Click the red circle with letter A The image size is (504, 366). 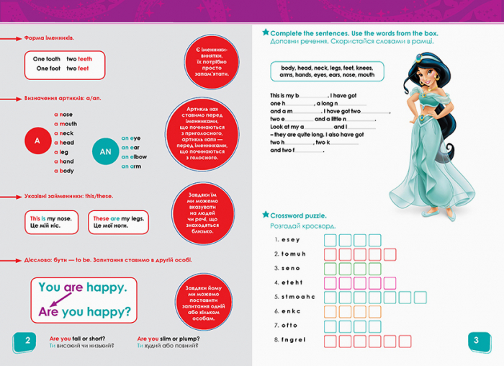coord(37,142)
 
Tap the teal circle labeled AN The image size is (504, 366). coord(105,151)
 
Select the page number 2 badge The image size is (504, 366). coord(27,342)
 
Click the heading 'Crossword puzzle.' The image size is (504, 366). coord(299,215)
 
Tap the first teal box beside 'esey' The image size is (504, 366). coord(331,240)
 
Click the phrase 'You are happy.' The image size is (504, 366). coord(82,287)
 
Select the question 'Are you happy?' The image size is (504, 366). coord(84,313)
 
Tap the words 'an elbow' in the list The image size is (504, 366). coord(134,156)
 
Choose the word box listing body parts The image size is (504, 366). coord(327,71)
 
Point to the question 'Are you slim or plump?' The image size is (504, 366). coord(168,339)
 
